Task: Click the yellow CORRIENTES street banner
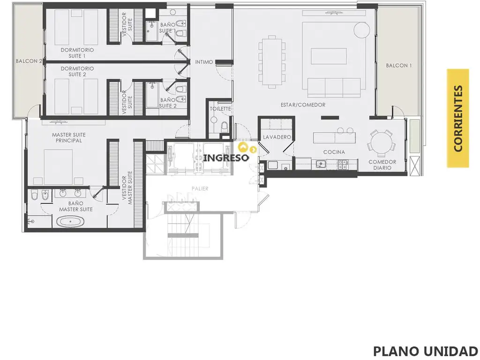click(x=457, y=118)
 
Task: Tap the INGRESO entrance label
click(x=226, y=158)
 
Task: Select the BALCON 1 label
click(x=398, y=66)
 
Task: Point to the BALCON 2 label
click(x=29, y=61)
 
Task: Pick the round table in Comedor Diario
click(x=381, y=142)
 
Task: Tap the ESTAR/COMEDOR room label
click(x=303, y=105)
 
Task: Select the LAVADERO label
click(x=277, y=137)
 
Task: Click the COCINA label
click(x=334, y=152)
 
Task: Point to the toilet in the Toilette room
click(x=225, y=126)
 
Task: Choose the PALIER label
click(x=200, y=188)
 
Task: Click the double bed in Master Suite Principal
click(x=58, y=167)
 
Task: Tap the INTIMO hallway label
click(x=204, y=62)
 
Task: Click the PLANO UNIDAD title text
click(x=426, y=351)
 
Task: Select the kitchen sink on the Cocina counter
click(x=321, y=164)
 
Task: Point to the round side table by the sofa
click(x=361, y=30)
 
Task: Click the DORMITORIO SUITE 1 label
click(x=77, y=52)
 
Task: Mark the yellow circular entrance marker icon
click(x=242, y=147)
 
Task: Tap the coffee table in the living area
click(x=329, y=56)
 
